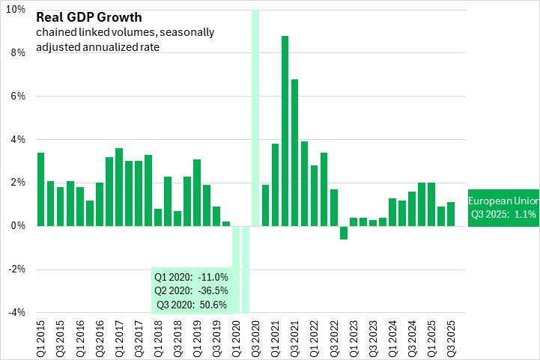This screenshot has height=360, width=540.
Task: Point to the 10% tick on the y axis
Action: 16,10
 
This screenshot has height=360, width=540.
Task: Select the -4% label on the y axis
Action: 16,313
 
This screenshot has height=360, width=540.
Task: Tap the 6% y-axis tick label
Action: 18,97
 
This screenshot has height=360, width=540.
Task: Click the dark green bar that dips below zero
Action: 344,233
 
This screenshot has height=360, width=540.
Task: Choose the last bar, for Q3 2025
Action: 451,214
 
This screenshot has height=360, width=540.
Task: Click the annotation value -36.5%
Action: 211,290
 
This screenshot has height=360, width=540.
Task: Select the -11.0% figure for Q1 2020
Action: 211,277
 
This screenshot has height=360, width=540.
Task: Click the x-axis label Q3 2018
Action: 178,338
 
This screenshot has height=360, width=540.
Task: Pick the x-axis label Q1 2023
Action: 353,338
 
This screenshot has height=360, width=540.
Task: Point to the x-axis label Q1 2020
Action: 236,338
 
